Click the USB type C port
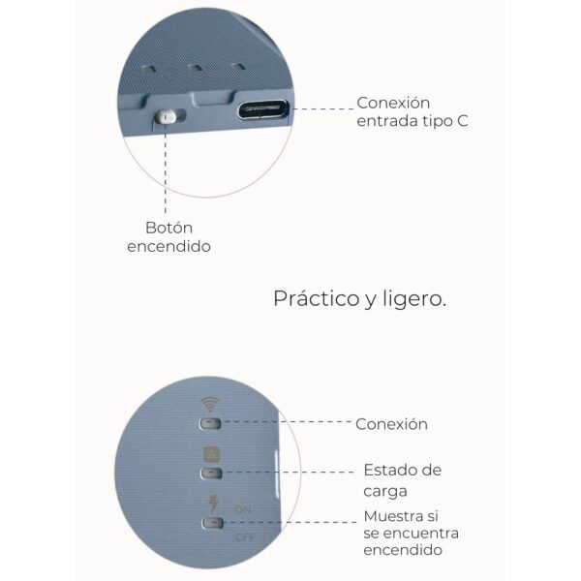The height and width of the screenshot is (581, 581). pyautogui.click(x=263, y=108)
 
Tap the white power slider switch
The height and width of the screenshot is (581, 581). pyautogui.click(x=166, y=116)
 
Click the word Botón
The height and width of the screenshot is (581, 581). pyautogui.click(x=168, y=228)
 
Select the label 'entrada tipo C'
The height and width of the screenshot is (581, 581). pyautogui.click(x=413, y=121)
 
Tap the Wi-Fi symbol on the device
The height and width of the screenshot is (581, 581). pyautogui.click(x=210, y=404)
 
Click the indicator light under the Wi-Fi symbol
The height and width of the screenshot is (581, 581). pyautogui.click(x=210, y=423)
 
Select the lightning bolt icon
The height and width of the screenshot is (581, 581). pyautogui.click(x=213, y=504)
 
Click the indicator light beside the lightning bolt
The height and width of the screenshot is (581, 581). pyautogui.click(x=212, y=523)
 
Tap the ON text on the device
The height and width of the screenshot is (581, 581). pyautogui.click(x=243, y=509)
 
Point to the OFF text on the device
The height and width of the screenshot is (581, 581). pyautogui.click(x=245, y=536)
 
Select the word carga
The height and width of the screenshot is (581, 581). pyautogui.click(x=385, y=491)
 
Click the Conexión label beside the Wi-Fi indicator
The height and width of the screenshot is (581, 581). pyautogui.click(x=391, y=424)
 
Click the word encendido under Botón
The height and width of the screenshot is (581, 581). pyautogui.click(x=168, y=246)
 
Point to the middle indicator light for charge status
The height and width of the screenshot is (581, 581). pyautogui.click(x=211, y=473)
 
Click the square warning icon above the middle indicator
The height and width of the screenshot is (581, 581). pyautogui.click(x=211, y=454)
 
